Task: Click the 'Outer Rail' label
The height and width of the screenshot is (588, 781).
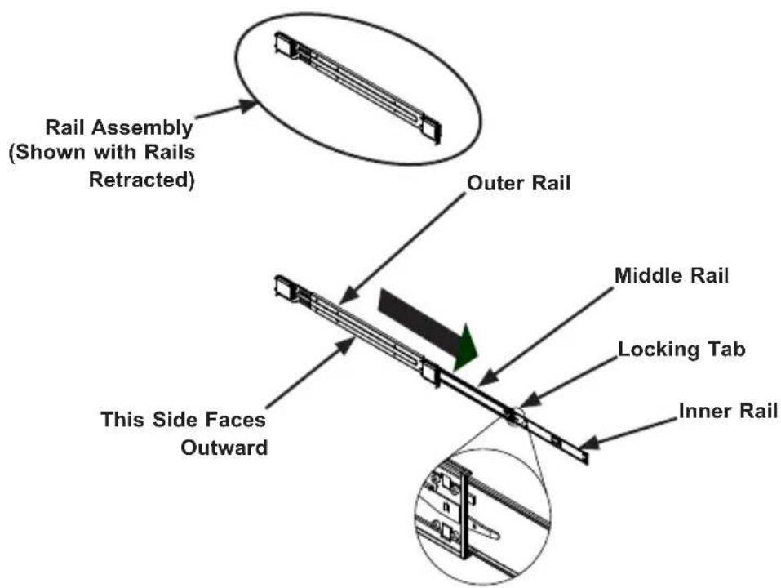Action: (518, 183)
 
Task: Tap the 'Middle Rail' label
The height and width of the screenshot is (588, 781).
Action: (671, 275)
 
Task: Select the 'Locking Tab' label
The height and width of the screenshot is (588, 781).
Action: (681, 349)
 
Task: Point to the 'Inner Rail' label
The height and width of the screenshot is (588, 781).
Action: (728, 411)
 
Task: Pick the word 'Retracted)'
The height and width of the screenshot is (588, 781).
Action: (141, 180)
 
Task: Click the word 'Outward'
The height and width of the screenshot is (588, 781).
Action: (224, 447)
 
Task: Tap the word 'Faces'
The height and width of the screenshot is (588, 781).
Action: (237, 420)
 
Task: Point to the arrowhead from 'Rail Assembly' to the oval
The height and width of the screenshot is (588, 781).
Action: (248, 106)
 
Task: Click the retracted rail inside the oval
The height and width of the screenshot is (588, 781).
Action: (357, 88)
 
